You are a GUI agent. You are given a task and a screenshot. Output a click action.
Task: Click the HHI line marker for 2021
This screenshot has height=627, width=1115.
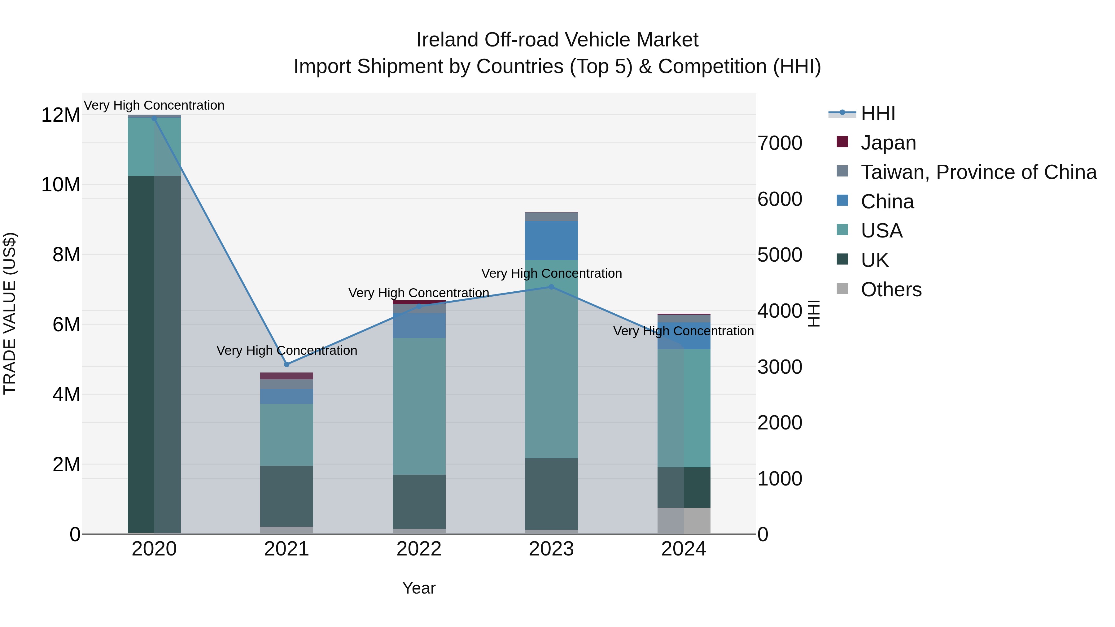[286, 364]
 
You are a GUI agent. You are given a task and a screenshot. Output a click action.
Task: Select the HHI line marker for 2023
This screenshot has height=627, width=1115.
[551, 287]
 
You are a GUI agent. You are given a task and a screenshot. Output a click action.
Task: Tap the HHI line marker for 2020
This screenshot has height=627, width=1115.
[154, 119]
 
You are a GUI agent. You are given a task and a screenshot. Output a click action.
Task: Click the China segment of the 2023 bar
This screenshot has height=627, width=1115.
[551, 241]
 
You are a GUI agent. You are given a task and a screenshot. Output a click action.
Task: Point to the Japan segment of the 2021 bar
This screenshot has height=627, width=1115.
[286, 376]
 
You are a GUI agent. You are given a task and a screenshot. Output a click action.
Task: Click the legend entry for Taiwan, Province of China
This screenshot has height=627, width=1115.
[978, 172]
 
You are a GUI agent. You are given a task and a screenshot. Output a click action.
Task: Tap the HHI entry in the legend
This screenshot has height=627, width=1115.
[877, 113]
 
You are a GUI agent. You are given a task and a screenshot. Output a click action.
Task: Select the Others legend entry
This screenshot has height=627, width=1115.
[891, 290]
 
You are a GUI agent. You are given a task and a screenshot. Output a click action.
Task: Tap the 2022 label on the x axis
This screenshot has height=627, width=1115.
[419, 549]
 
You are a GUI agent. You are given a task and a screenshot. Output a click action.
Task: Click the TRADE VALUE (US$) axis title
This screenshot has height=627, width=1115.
[10, 313]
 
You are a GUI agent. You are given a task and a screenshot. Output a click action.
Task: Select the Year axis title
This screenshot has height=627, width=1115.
[419, 588]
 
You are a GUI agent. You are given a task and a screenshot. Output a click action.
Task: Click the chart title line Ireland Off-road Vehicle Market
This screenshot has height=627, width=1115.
[557, 40]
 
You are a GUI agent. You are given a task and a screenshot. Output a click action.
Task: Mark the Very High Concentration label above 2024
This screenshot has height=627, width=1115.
[684, 331]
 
